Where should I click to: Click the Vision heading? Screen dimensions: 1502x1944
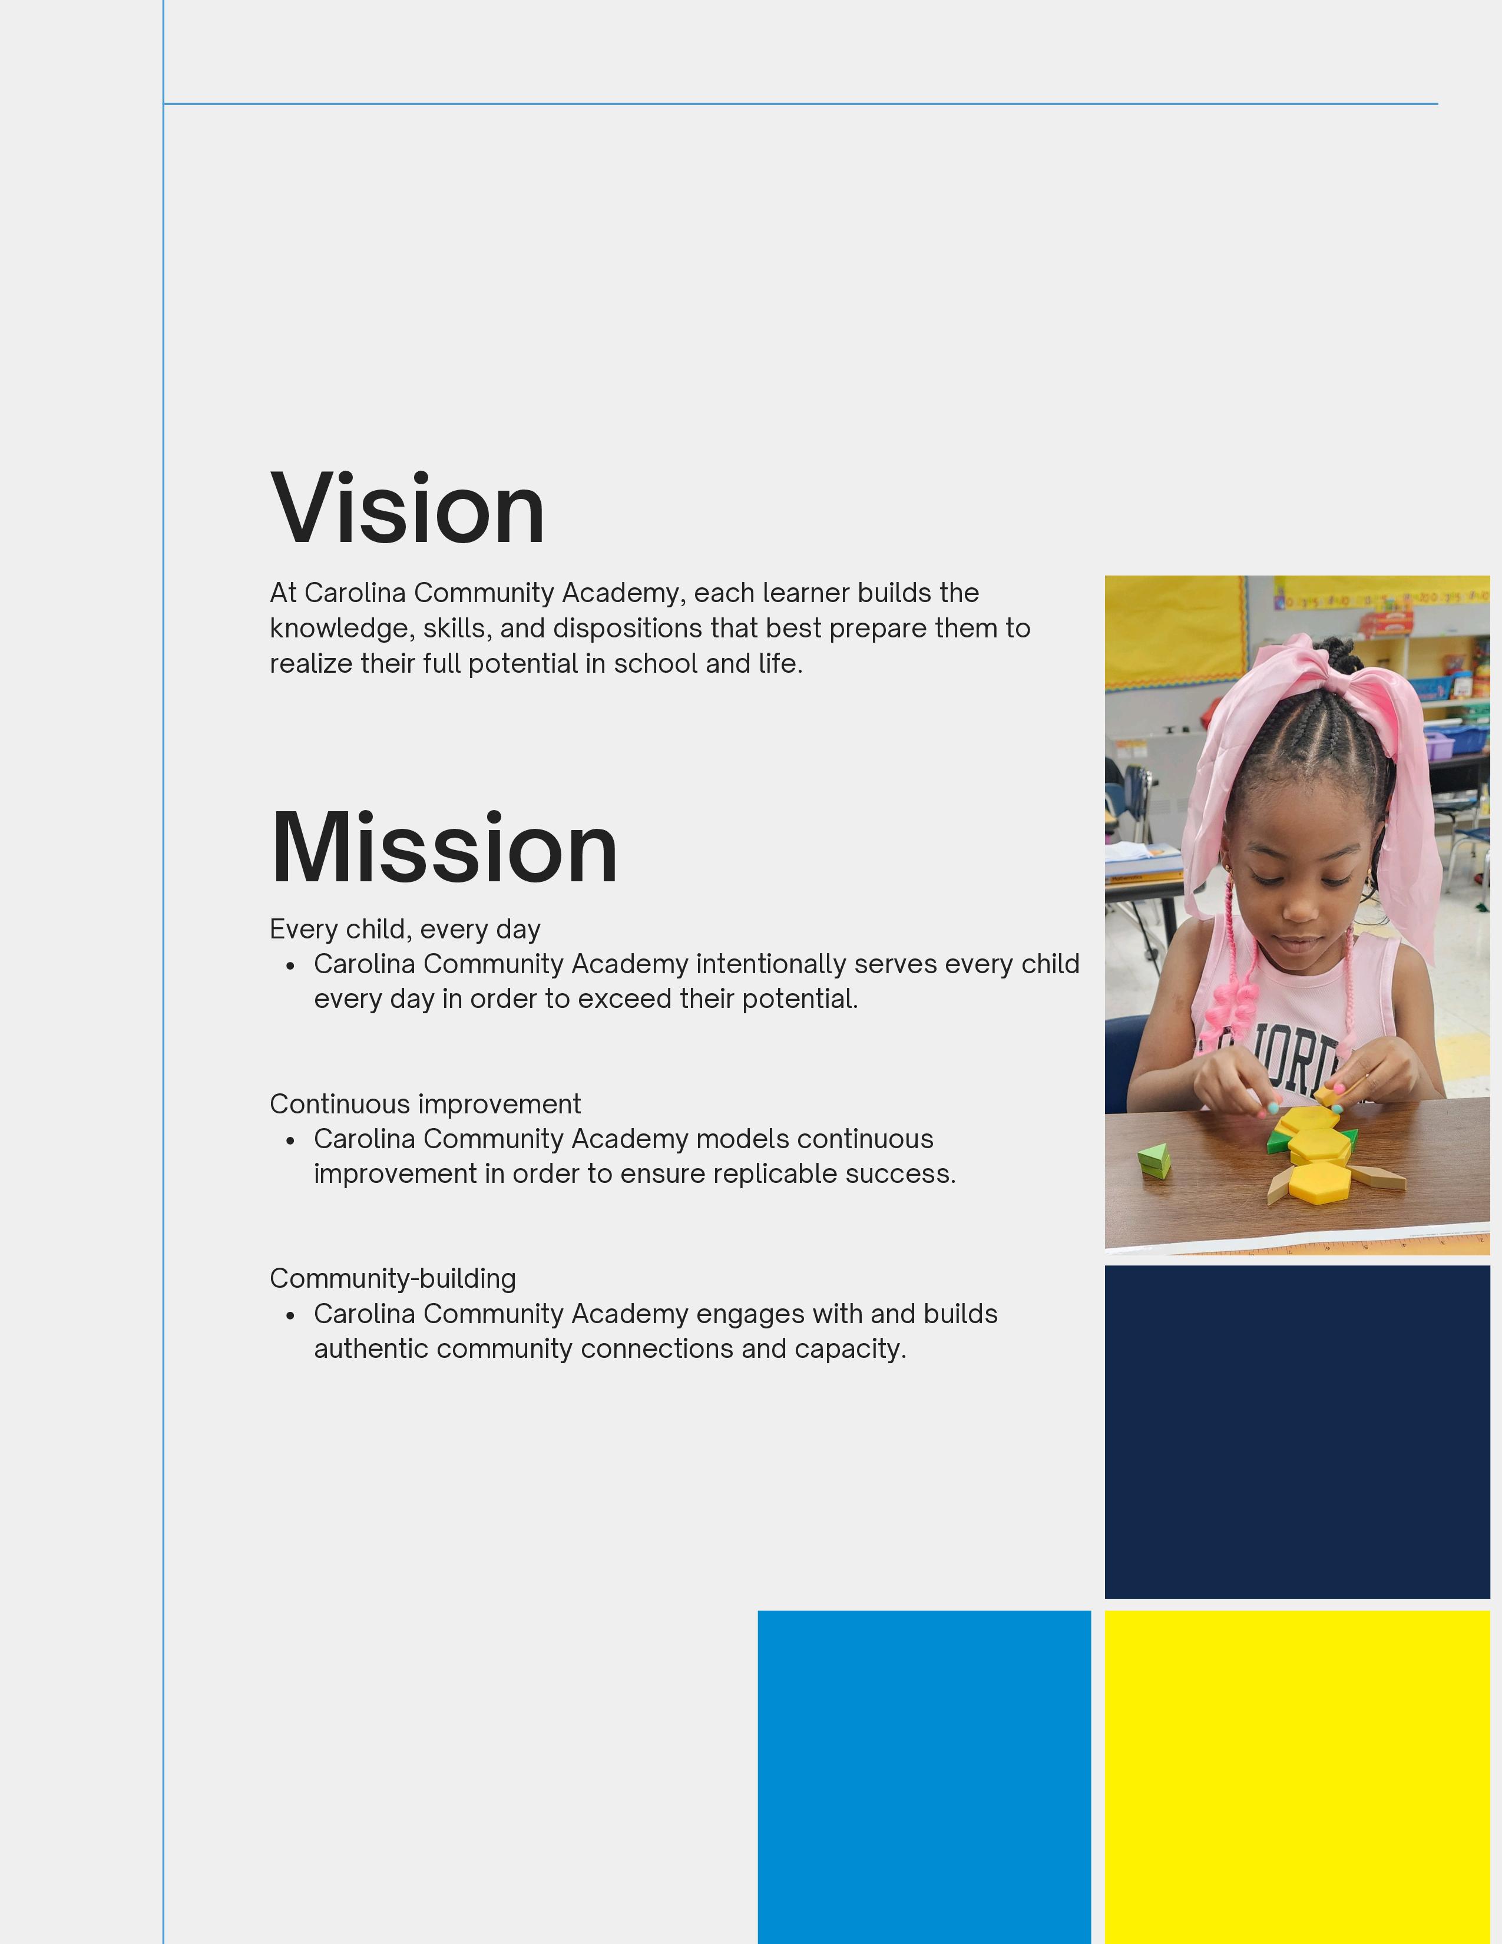408,508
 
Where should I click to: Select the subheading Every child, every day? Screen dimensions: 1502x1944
405,929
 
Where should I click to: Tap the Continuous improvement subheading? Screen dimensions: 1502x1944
425,1104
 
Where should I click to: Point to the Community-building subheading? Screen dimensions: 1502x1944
392,1279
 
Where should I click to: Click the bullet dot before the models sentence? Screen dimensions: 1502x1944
290,1140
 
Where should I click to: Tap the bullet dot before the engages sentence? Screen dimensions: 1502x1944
290,1315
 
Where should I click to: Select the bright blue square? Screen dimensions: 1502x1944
925,1777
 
